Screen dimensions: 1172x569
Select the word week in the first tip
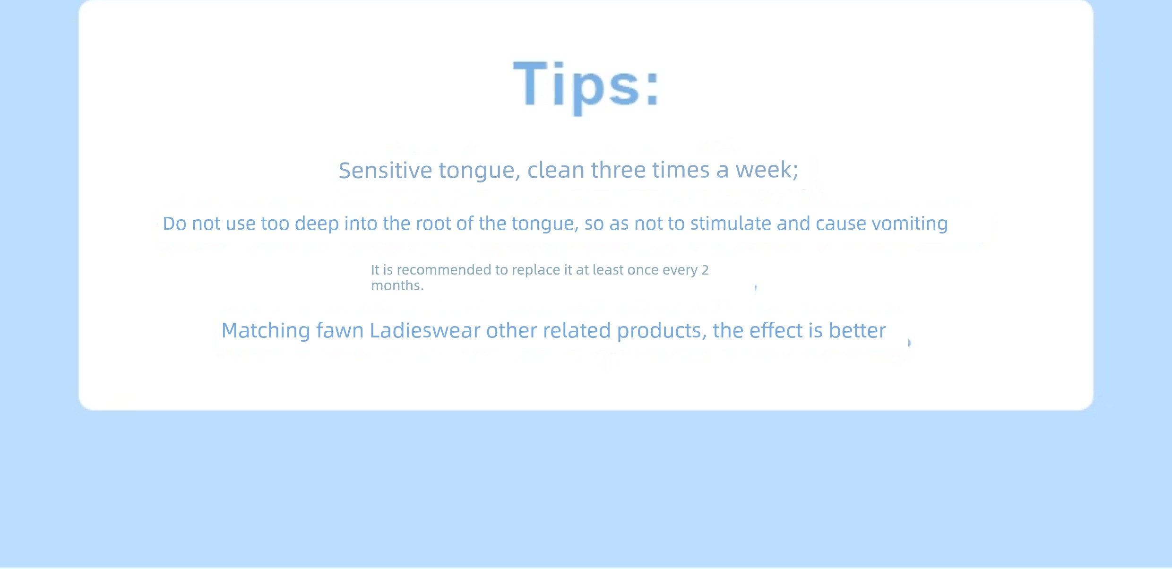[767, 170]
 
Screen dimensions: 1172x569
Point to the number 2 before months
[705, 270]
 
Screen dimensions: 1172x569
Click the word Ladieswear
[425, 330]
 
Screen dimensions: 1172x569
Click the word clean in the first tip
[556, 170]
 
